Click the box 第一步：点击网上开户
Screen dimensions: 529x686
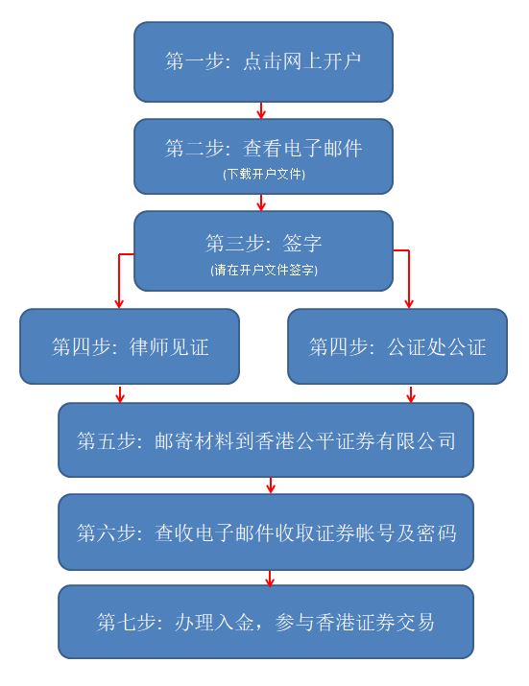tap(263, 61)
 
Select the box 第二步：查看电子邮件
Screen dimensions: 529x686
tap(263, 156)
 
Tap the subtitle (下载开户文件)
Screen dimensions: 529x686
tap(264, 174)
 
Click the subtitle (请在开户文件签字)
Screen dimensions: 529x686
tap(264, 270)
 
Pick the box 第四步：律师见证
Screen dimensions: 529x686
tap(130, 346)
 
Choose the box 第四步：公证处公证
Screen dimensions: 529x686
tap(397, 346)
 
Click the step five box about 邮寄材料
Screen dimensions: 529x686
tap(266, 440)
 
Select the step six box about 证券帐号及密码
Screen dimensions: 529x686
tap(266, 532)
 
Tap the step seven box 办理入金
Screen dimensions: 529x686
tap(266, 622)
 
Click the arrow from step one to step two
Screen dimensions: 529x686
tap(261, 110)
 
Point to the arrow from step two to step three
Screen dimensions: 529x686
tap(261, 202)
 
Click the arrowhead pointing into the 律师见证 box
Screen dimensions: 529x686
tap(119, 304)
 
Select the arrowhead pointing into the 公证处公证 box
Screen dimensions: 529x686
tap(409, 304)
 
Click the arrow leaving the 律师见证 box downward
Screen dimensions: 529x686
tap(120, 393)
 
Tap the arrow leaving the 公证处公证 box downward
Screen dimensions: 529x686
tap(410, 393)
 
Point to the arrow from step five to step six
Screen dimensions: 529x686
tap(271, 485)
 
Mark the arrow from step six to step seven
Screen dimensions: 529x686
tap(270, 578)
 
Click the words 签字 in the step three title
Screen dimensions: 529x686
tap(302, 243)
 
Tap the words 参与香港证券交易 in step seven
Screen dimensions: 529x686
tap(354, 622)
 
